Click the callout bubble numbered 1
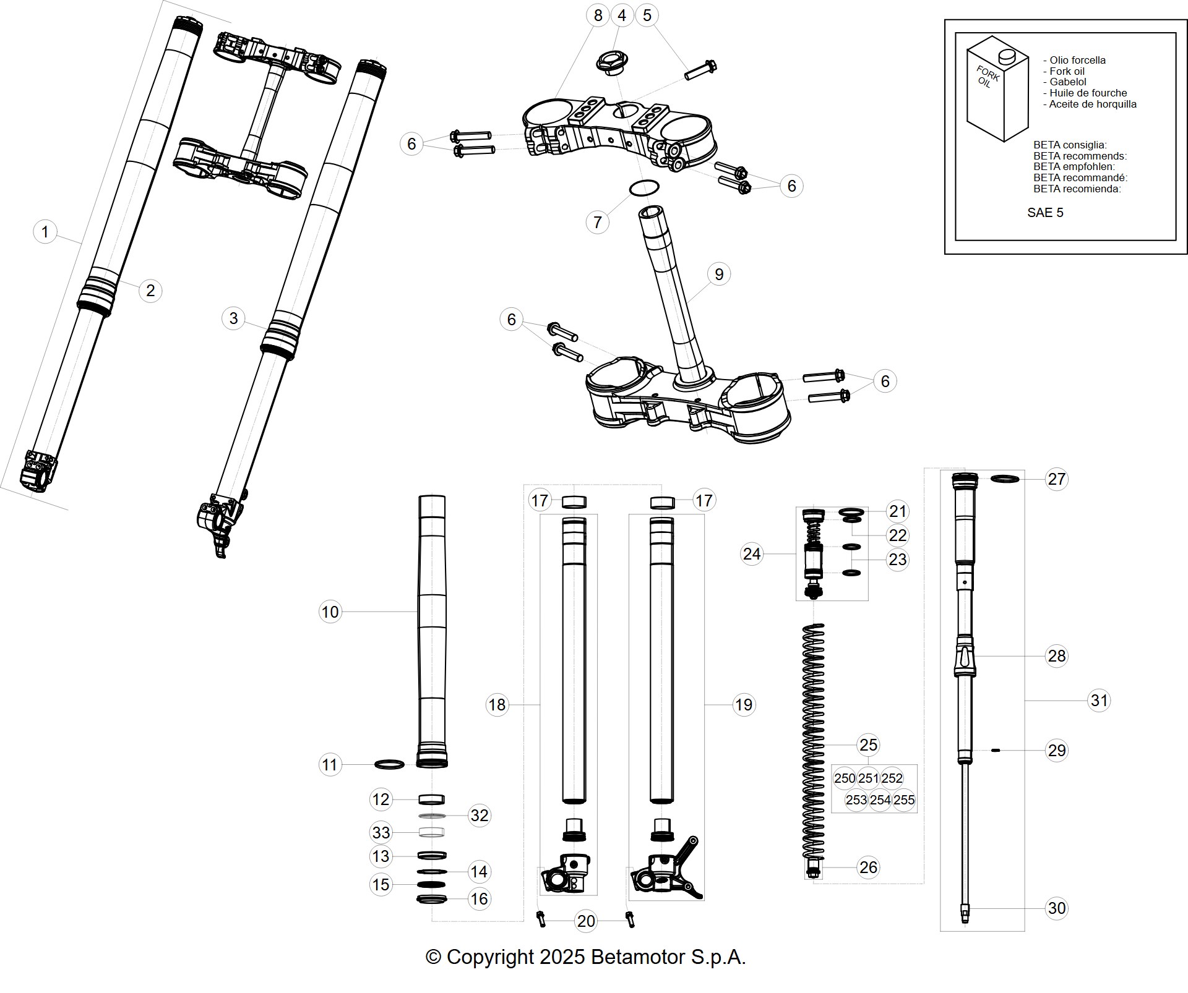[x=45, y=232]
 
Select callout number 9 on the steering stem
[x=718, y=274]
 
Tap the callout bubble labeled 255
[x=904, y=800]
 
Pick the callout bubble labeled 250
[x=845, y=778]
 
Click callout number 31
[x=1099, y=700]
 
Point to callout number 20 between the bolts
[x=585, y=921]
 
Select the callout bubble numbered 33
[x=381, y=832]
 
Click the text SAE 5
[x=1045, y=213]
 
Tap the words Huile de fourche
[x=1088, y=93]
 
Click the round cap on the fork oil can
[x=1007, y=56]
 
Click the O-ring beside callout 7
[x=643, y=187]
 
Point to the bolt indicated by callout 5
[x=700, y=69]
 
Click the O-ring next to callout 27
[x=1005, y=479]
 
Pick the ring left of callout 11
[x=390, y=765]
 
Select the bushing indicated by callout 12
[x=431, y=799]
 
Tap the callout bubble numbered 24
[x=752, y=553]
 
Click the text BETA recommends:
[x=1080, y=156]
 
